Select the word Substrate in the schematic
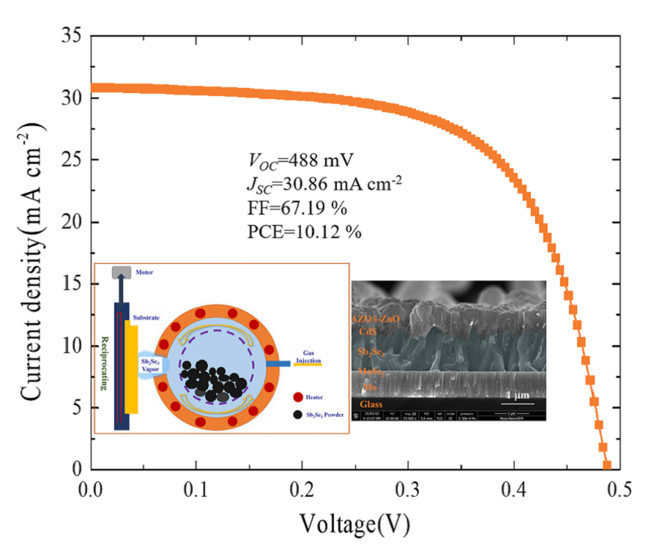[146, 316]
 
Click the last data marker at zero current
[606, 465]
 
